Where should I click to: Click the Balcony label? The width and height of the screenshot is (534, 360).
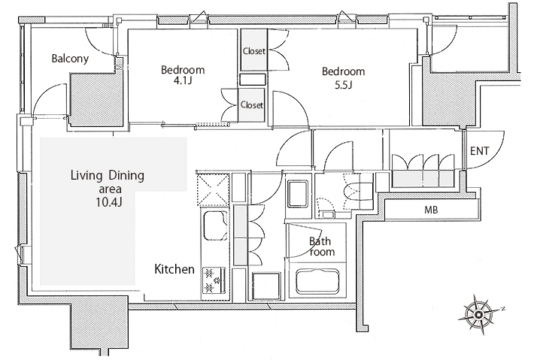(x=70, y=59)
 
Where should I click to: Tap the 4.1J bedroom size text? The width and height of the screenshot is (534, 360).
(x=183, y=81)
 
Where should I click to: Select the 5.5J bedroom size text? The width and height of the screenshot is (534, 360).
(x=343, y=84)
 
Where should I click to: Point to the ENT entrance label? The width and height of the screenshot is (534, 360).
(x=480, y=151)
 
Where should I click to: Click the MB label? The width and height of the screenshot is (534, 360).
(x=431, y=210)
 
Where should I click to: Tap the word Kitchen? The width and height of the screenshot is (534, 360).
(x=174, y=269)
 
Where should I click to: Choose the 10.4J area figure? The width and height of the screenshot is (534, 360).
(x=108, y=202)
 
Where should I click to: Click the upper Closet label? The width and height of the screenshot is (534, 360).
(x=253, y=51)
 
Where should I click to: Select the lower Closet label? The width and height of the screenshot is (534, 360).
(x=252, y=104)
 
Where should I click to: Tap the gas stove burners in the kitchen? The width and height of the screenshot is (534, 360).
(x=214, y=281)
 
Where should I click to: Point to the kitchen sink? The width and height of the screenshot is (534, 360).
(x=215, y=225)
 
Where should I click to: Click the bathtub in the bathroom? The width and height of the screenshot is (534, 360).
(x=317, y=281)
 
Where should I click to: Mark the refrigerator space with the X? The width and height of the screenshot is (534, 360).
(x=213, y=189)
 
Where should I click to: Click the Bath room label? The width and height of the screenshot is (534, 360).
(x=321, y=247)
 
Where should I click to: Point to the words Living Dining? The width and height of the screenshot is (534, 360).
(x=108, y=176)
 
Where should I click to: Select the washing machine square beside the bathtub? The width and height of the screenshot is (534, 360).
(x=266, y=286)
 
